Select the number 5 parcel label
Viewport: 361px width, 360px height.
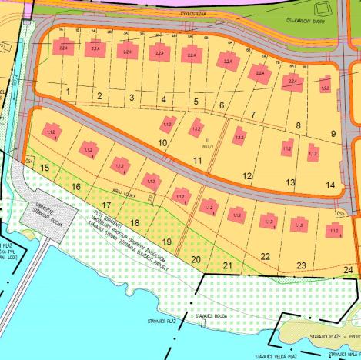[x=196, y=102]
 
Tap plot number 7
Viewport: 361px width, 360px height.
[x=252, y=115]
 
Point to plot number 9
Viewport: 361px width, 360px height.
[x=333, y=134]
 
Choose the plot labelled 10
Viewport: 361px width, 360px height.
[x=162, y=142]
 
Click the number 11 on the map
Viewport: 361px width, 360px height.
[x=198, y=160]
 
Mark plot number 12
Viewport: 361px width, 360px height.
[x=247, y=176]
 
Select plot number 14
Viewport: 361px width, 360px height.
[x=330, y=185]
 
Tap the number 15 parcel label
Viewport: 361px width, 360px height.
[x=45, y=167]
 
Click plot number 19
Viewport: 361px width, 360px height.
[x=166, y=242]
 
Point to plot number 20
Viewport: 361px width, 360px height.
[x=196, y=259]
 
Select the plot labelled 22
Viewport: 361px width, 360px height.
[x=266, y=256]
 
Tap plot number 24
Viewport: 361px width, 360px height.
[x=348, y=270]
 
